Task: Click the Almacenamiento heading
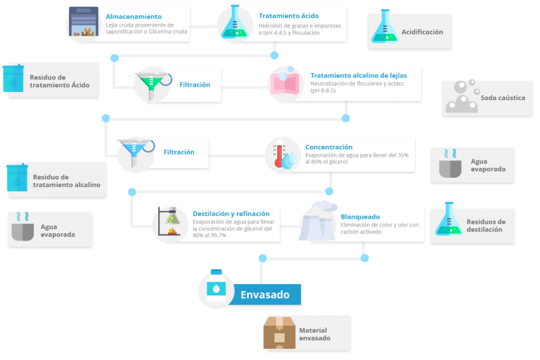coord(134,16)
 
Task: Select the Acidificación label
coord(422,32)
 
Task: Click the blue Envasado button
coord(265,295)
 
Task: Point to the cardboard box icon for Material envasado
coord(279,333)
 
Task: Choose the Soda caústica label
coord(503,98)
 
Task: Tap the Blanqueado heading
coord(360,217)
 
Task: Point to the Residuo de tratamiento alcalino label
coord(66,181)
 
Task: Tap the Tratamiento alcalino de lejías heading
coord(358,75)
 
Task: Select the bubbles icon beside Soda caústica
coord(461,97)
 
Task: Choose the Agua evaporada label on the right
coord(488,165)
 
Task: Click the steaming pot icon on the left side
coord(22,228)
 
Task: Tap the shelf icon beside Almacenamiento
coord(84,23)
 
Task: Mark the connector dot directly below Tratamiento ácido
coord(274,55)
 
